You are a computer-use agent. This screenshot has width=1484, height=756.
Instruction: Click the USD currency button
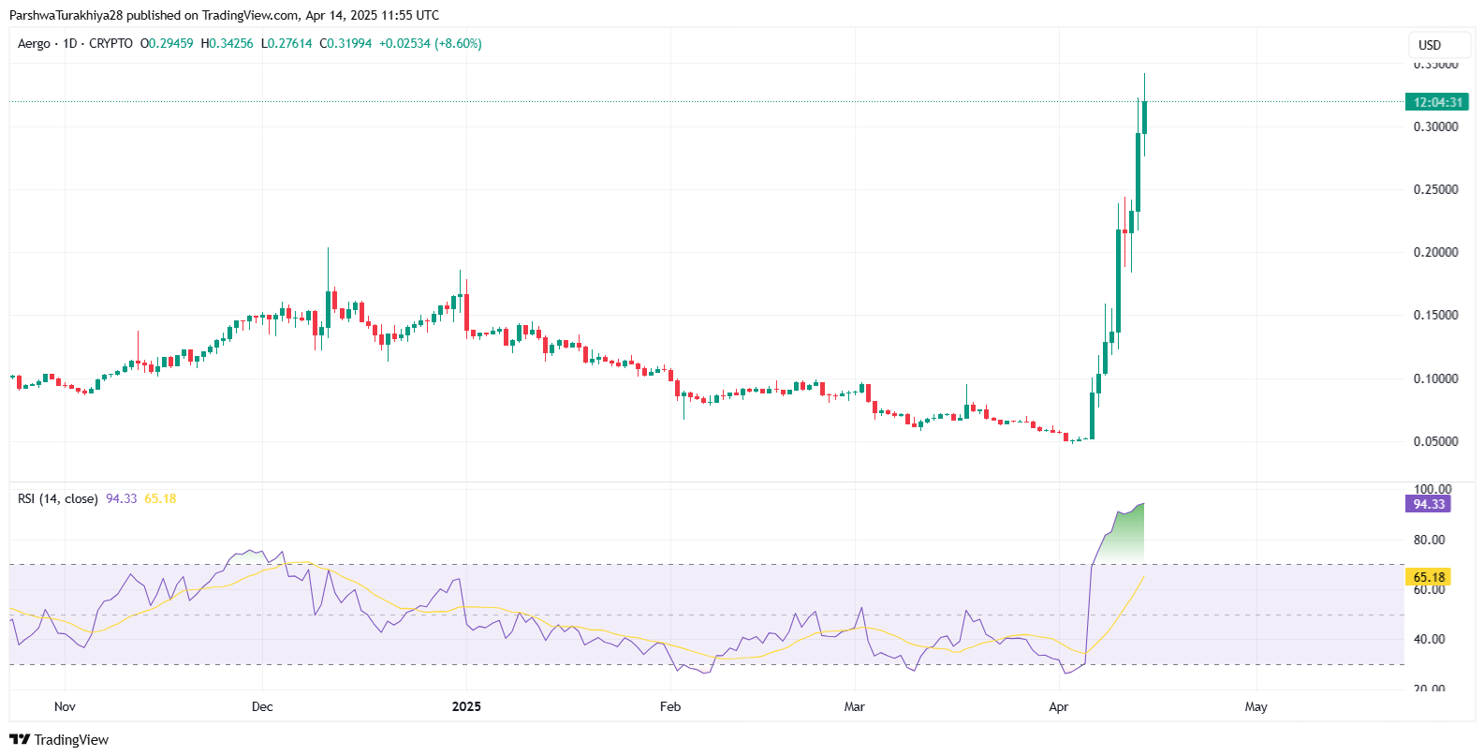[1439, 45]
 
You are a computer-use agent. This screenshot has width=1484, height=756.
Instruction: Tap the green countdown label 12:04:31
[1436, 102]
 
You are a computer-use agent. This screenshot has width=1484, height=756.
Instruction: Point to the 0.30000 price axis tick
[1435, 126]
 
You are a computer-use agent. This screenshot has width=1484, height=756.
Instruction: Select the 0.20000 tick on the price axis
[1435, 252]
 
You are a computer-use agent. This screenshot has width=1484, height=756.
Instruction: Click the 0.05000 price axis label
[1435, 441]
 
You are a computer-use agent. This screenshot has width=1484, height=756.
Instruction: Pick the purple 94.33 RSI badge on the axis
[1428, 504]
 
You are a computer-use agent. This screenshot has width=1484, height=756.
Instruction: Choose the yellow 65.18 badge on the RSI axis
[1428, 577]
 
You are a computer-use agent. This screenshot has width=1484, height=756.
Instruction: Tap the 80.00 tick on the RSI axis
[1429, 540]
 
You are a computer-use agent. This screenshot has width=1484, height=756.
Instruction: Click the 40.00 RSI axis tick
[1429, 639]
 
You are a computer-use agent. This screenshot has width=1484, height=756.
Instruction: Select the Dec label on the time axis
[262, 706]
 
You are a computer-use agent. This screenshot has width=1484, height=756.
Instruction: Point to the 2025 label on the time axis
[466, 706]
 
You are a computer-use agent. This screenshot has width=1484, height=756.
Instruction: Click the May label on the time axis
[1256, 706]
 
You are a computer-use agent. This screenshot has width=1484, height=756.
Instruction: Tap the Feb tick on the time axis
[670, 706]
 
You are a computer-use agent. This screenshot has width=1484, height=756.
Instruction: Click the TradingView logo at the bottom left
[60, 740]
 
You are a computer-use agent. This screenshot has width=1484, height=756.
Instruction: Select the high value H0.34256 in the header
[227, 44]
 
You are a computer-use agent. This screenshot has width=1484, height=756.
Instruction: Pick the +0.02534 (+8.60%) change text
[430, 44]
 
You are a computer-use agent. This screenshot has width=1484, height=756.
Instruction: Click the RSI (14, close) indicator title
[57, 498]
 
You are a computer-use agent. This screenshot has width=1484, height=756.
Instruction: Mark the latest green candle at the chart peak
[1144, 117]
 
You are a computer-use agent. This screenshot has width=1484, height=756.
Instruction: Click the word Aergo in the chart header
[34, 44]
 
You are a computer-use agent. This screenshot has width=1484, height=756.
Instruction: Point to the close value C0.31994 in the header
[345, 44]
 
